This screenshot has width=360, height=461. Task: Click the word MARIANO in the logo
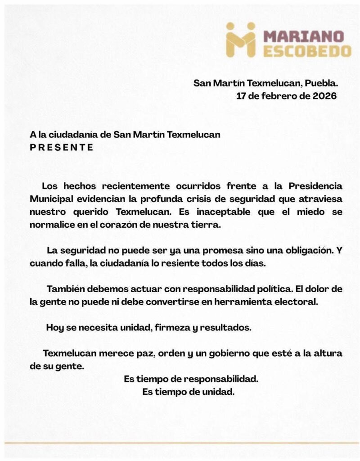tap(304, 36)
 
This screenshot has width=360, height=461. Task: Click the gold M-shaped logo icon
tap(240, 40)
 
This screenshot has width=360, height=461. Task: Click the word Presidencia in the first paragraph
tap(315, 186)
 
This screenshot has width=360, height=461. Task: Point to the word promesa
tap(195, 250)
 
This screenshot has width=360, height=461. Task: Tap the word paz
tap(144, 353)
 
